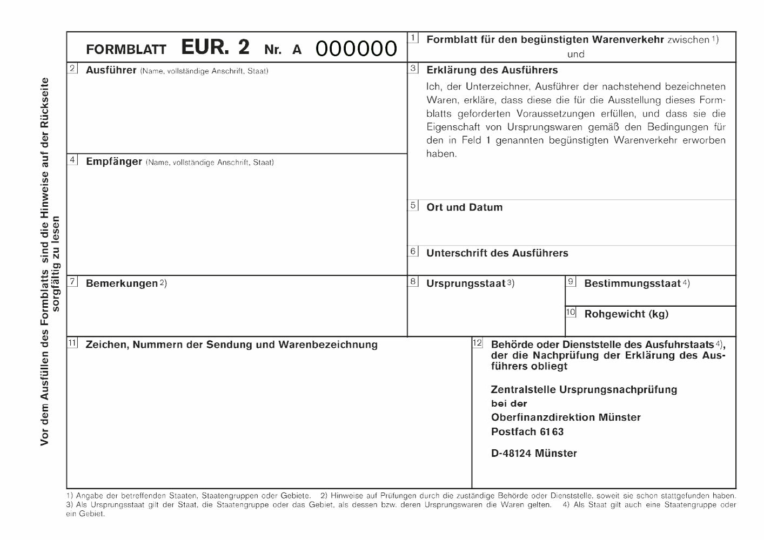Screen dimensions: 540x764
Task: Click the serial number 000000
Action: pos(356,49)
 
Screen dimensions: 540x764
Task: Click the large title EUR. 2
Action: pos(215,48)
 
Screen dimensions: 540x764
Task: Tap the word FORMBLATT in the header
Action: pos(126,50)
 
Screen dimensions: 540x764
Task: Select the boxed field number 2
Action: pos(73,69)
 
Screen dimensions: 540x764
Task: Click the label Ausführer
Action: pos(111,70)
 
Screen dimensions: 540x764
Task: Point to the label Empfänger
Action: pos(113,161)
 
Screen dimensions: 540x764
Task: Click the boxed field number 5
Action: pos(413,205)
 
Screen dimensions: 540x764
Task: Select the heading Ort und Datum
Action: pos(464,207)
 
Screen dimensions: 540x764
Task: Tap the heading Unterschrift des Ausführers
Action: pos(497,253)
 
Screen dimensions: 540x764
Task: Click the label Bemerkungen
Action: pos(122,283)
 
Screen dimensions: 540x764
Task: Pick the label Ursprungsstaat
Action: pos(465,283)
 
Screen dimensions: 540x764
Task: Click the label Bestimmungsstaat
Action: pos(632,283)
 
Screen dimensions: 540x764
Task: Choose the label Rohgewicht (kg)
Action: pos(626,314)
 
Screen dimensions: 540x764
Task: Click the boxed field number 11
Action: pos(73,343)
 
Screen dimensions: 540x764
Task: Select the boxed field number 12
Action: pos(477,343)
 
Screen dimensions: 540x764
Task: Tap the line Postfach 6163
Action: pos(527,432)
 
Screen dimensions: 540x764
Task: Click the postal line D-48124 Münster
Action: pos(534,454)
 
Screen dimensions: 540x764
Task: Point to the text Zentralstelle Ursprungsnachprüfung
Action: pos(584,390)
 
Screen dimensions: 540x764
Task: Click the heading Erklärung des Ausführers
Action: pos(492,70)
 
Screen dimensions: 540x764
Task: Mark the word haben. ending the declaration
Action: pos(441,154)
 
